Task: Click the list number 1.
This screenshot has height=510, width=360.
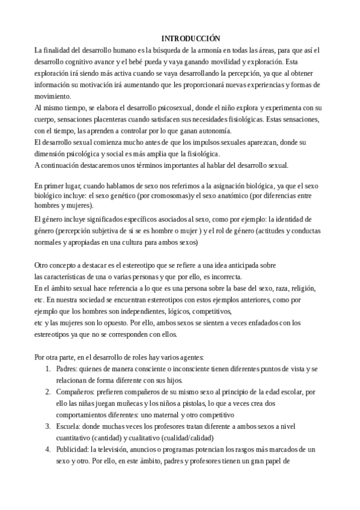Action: pyautogui.click(x=48, y=369)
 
